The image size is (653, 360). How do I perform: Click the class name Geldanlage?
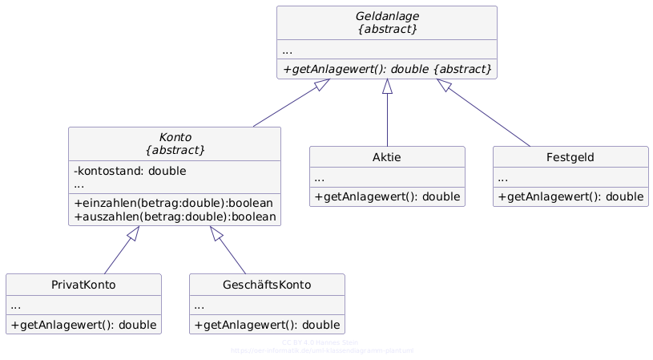click(387, 15)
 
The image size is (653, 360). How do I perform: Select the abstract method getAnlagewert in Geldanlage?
click(387, 69)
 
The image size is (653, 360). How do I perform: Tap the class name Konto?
click(175, 136)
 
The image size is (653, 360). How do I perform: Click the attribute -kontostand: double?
click(130, 171)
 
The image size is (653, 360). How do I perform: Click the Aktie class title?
click(387, 156)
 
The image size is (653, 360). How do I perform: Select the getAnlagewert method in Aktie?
click(387, 196)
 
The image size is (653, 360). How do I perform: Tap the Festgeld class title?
click(570, 156)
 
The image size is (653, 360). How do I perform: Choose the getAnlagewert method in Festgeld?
click(570, 196)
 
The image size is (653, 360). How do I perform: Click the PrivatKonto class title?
click(83, 284)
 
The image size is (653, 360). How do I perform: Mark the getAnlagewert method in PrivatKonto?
click(83, 325)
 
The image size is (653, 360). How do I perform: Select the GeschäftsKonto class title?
click(267, 284)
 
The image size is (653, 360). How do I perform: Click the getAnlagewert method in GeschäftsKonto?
click(267, 325)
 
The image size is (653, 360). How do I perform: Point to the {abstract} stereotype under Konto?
click(175, 150)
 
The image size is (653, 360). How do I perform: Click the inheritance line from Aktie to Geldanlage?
click(388, 120)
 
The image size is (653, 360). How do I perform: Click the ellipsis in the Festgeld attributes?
click(503, 178)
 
